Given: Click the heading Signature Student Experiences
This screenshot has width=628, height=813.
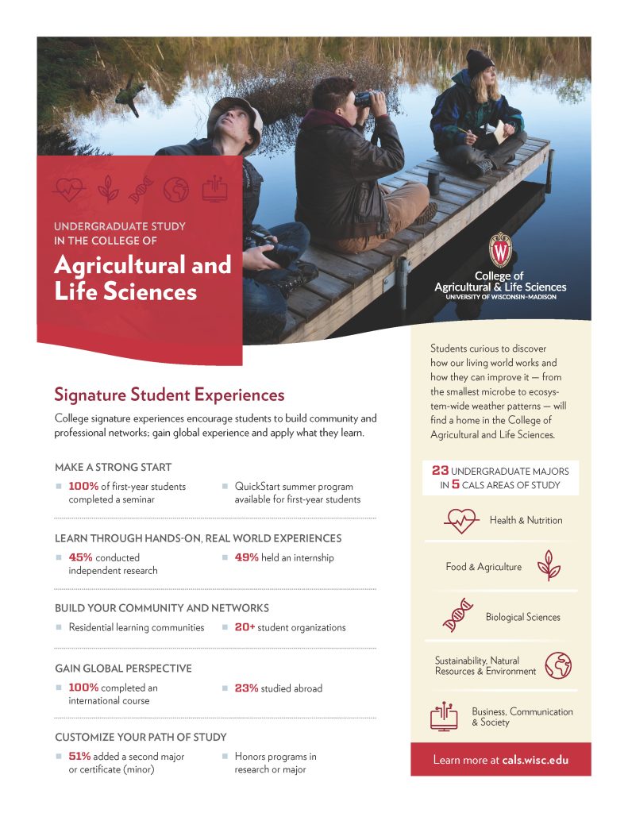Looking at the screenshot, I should pos(168,395).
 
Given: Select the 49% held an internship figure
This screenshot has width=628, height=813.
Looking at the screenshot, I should pos(246,557).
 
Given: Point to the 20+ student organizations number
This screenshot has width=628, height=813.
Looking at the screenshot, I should pos(245,627).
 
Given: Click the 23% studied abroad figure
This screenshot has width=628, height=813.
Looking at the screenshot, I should pos(246,688).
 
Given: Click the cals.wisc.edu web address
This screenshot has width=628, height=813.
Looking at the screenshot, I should pos(535,760).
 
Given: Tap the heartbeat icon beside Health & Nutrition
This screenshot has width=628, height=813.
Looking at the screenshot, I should pos(460,520).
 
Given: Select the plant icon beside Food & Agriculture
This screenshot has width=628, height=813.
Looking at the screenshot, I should pos(549,566).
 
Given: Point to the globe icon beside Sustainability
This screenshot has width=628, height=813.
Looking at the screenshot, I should pos(558,665).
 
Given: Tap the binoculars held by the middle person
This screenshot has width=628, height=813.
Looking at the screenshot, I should pos(366,98).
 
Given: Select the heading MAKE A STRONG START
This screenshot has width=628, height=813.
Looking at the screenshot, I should pos(113,467).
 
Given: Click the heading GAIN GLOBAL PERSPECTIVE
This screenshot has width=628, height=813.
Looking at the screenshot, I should pos(123,669).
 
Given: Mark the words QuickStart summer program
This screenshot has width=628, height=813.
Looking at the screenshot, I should pos(294,486).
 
